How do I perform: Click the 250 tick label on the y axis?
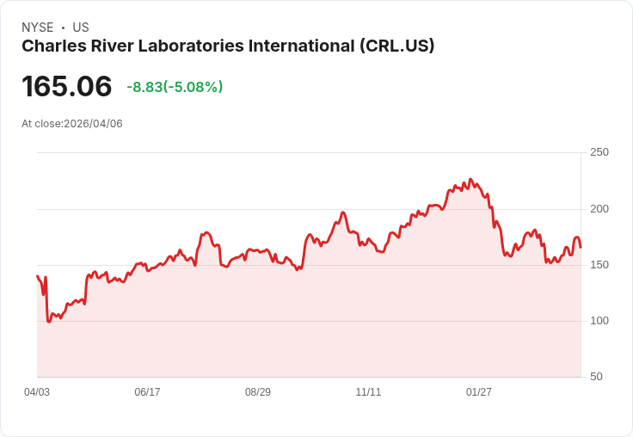(599, 152)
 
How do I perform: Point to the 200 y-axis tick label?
(599, 209)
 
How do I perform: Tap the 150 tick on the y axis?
(599, 265)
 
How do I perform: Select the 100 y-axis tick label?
(599, 321)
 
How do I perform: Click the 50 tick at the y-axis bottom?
(596, 377)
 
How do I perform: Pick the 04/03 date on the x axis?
(37, 392)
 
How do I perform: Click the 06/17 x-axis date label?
(147, 392)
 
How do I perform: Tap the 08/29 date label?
(258, 392)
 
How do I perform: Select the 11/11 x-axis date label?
(368, 392)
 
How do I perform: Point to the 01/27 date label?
(479, 392)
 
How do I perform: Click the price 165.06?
(67, 87)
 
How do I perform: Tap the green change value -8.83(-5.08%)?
(175, 87)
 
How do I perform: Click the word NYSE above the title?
(37, 28)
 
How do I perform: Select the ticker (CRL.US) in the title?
(396, 46)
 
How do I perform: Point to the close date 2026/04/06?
(93, 124)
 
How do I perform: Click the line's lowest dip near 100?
(48, 322)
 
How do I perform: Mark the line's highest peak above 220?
(470, 180)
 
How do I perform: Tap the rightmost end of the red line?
(581, 248)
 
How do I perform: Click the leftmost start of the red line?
(37, 276)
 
